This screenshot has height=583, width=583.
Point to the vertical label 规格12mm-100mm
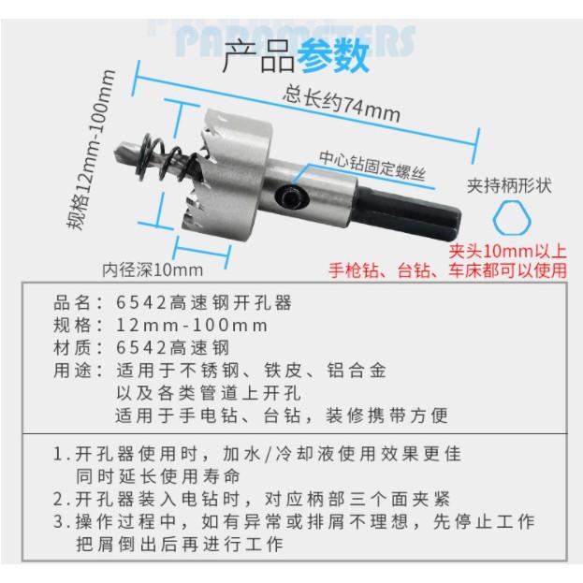(89, 151)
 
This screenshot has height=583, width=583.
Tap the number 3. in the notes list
(62, 519)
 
